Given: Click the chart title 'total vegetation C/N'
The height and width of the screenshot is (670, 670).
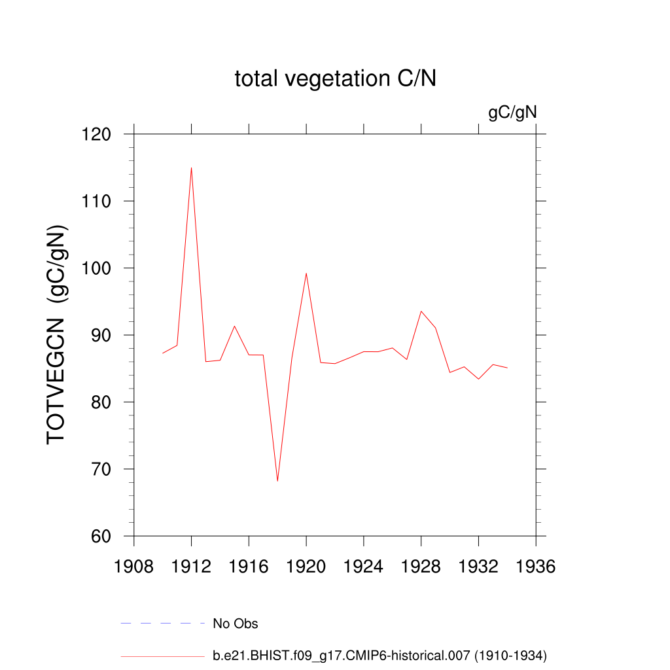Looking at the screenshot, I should click(335, 79).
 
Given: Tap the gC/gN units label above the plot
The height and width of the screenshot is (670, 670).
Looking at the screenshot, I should click(512, 113).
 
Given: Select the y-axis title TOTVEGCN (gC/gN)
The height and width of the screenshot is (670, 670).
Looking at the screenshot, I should click(58, 335).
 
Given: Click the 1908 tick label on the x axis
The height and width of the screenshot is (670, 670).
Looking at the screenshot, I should click(134, 567).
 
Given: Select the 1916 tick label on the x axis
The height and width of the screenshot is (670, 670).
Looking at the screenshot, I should click(249, 567).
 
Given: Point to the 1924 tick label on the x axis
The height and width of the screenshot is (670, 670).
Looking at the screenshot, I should click(364, 567).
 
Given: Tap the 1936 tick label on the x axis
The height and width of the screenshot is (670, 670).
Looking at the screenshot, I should click(536, 567).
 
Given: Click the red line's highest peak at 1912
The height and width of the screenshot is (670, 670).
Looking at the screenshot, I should click(191, 167).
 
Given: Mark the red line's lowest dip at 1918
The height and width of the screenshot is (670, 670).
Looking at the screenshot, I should click(277, 481).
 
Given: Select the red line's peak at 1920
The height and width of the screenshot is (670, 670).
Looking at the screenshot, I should click(306, 273).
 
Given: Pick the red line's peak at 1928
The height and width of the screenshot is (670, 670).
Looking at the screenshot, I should click(421, 311).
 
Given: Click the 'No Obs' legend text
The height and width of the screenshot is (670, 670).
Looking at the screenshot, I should click(236, 624).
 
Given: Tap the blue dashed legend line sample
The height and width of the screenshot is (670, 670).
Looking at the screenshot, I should click(163, 624).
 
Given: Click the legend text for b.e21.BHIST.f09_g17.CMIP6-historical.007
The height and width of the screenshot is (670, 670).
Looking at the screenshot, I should click(379, 655).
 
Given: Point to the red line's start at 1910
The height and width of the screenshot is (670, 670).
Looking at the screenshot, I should click(163, 353).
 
